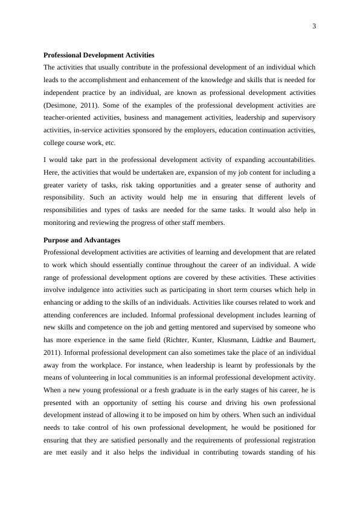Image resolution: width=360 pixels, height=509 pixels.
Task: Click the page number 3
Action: tap(313, 26)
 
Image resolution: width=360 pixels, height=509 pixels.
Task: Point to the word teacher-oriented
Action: tap(68, 118)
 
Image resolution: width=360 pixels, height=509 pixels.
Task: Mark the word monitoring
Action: tap(62, 222)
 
